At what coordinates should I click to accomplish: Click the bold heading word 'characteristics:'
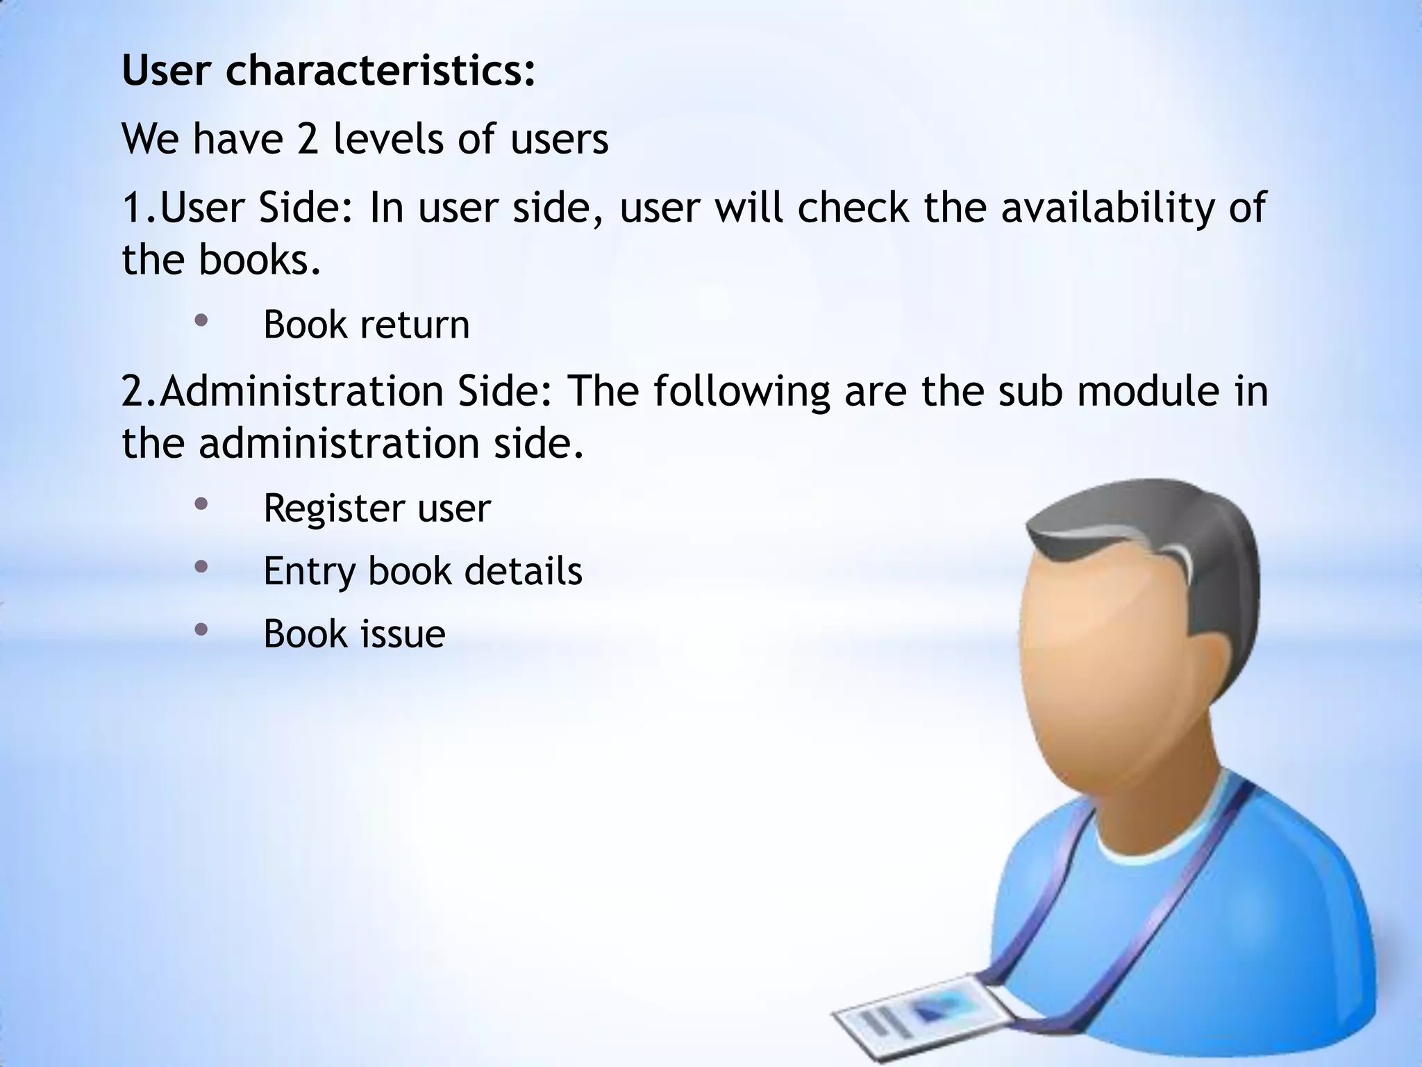tap(380, 72)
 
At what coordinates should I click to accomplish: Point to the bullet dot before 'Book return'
tap(201, 321)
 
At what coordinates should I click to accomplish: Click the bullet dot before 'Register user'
tap(201, 504)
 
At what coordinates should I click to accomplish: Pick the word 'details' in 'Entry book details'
tap(523, 571)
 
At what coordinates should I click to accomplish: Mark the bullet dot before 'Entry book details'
tap(201, 567)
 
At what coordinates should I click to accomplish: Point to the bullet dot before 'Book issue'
tap(201, 629)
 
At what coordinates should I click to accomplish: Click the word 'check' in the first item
tap(853, 208)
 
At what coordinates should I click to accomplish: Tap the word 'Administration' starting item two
tap(302, 391)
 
